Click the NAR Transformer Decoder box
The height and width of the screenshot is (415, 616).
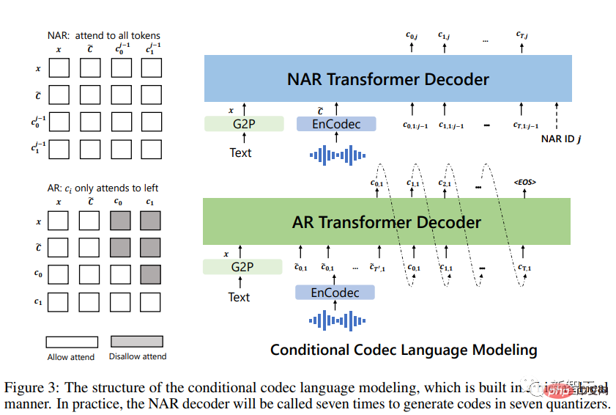tap(387, 79)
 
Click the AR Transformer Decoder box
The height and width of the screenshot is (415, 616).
tap(387, 221)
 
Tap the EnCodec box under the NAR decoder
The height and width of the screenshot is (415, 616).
tap(336, 124)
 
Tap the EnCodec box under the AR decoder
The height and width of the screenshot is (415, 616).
tap(335, 293)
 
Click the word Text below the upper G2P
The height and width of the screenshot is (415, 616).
tap(240, 153)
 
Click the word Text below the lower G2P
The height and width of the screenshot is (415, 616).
tap(239, 297)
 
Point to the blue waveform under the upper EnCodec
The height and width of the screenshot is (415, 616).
tap(337, 155)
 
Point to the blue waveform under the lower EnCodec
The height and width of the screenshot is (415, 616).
tap(336, 320)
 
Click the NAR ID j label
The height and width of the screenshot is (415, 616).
tap(560, 138)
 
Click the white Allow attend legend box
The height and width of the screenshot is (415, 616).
tap(71, 342)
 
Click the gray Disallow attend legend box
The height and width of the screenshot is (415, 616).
tap(137, 342)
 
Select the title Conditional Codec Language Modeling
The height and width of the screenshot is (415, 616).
tap(404, 350)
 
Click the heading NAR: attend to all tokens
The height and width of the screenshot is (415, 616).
tap(103, 34)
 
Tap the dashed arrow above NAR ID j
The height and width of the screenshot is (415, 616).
tap(558, 116)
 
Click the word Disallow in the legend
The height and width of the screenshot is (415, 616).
tap(127, 356)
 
